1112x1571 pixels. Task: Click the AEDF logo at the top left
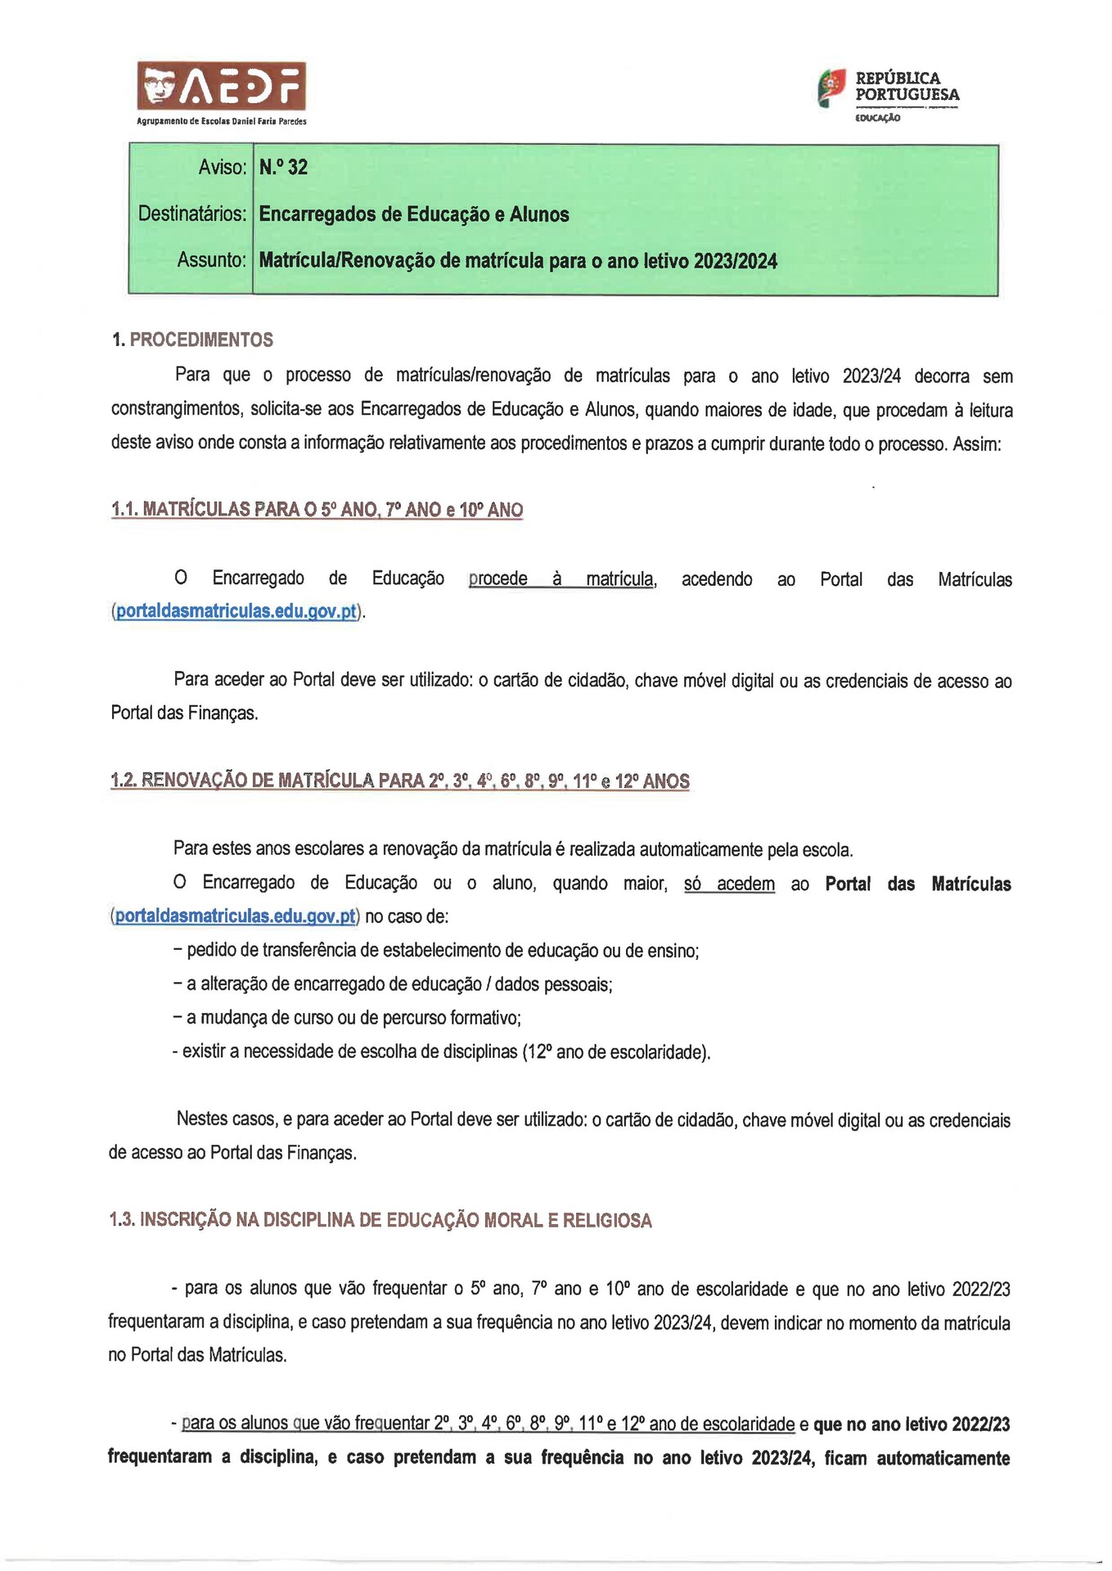click(x=221, y=86)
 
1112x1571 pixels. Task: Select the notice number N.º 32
click(x=283, y=167)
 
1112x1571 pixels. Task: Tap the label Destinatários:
click(x=192, y=214)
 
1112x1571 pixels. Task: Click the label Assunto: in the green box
click(x=211, y=260)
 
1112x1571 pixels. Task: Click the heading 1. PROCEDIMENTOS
click(x=192, y=340)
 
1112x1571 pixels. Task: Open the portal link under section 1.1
click(x=236, y=611)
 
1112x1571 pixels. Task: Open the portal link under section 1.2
click(x=236, y=916)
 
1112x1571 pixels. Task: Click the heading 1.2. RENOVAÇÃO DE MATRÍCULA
click(x=399, y=780)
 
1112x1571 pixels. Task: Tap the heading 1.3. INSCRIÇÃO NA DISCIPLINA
click(x=380, y=1220)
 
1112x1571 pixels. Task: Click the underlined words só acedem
click(x=729, y=884)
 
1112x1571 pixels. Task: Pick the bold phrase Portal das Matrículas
click(x=917, y=884)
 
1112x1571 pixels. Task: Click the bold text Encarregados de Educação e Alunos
click(x=414, y=214)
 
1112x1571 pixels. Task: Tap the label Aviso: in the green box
click(x=222, y=167)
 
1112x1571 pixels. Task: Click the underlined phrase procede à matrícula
click(x=561, y=578)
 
